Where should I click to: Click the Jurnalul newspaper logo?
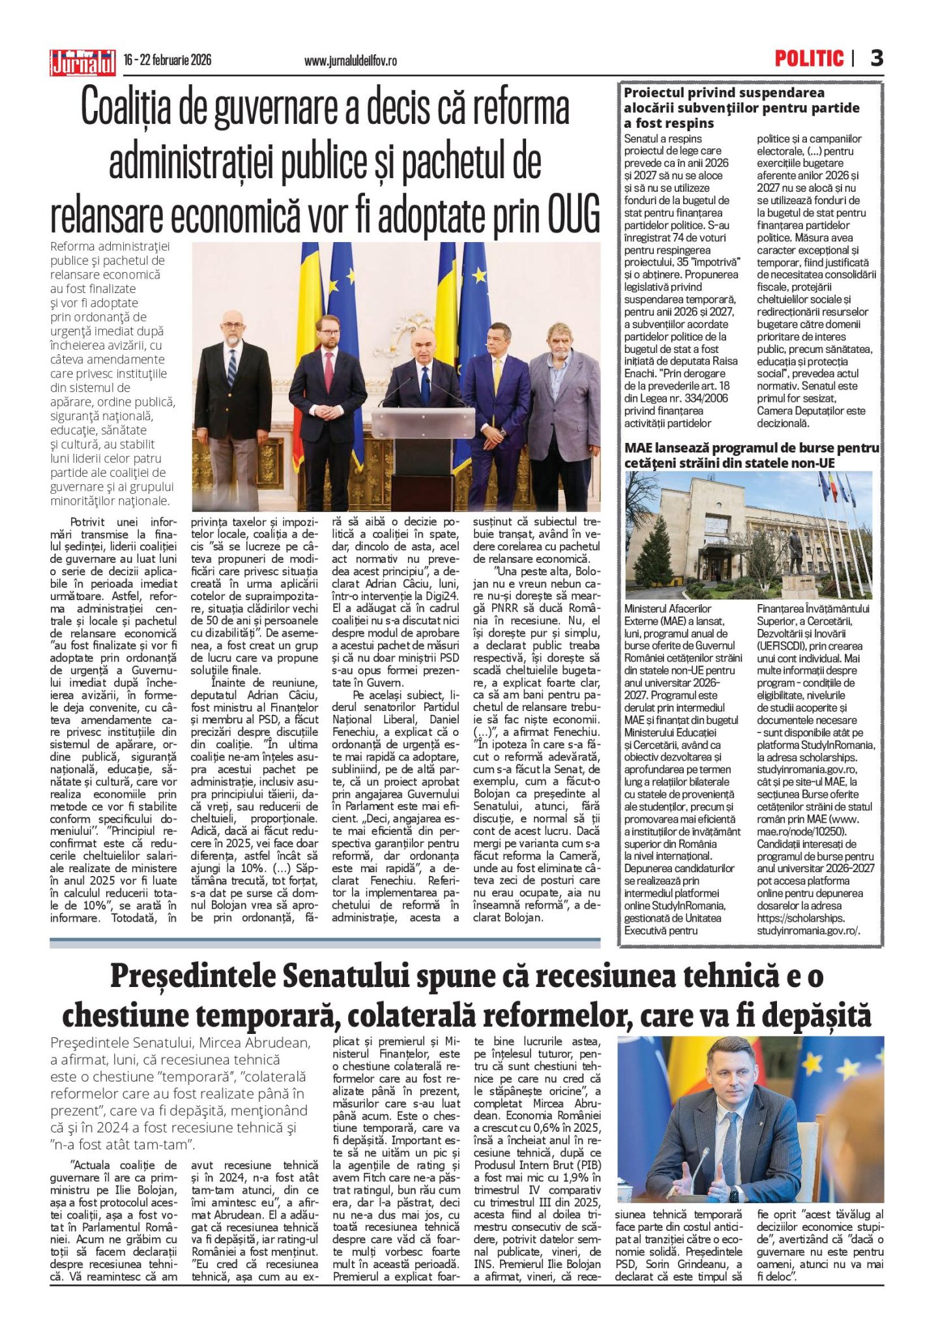tap(83, 63)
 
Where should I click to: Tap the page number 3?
tap(877, 59)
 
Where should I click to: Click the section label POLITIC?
tap(809, 59)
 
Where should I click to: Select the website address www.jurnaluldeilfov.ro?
tap(350, 61)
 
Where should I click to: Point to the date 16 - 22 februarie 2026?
tap(168, 60)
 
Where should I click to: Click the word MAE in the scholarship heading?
tap(642, 448)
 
